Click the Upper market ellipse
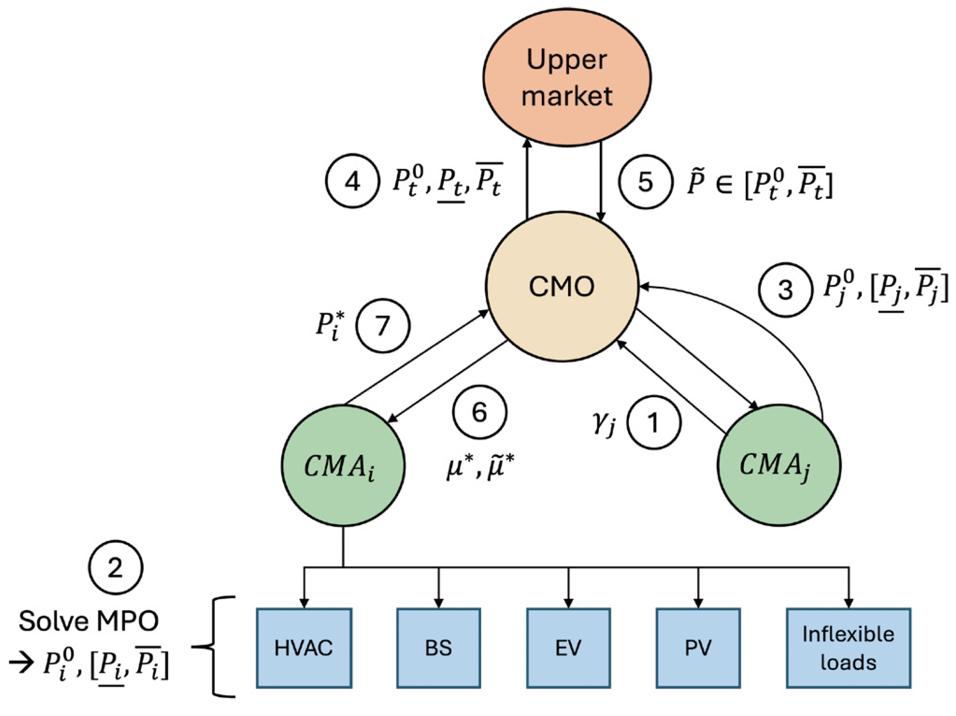567,77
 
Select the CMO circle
562,286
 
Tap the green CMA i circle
343,465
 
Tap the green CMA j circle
779,465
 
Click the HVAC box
304,648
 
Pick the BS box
438,648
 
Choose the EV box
568,648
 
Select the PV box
698,648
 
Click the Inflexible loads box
848,648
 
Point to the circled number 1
653,422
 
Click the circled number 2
115,567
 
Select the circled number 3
785,290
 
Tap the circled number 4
352,181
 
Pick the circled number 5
645,181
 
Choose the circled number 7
383,326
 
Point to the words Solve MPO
88,621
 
